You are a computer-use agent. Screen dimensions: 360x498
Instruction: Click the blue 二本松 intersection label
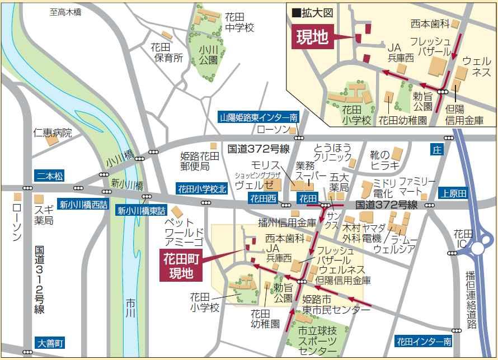pos(49,176)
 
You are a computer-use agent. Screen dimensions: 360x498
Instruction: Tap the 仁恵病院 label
pos(53,133)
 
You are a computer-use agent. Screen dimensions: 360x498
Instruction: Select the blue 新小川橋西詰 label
pos(83,205)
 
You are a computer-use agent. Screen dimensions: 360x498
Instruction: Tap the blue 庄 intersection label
pos(436,150)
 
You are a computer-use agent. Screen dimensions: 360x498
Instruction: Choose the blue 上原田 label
pos(453,193)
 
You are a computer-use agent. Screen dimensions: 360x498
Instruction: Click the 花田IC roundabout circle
pos(480,247)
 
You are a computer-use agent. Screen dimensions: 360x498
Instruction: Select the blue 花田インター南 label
pos(424,340)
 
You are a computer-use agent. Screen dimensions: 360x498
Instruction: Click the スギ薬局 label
pos(44,215)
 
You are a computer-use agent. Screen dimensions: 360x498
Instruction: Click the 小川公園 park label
pos(208,54)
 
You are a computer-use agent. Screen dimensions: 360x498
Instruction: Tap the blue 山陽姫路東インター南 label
pos(259,117)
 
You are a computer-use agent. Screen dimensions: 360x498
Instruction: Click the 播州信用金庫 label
pos(287,223)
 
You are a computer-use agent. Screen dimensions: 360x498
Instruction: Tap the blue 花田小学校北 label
pos(202,189)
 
